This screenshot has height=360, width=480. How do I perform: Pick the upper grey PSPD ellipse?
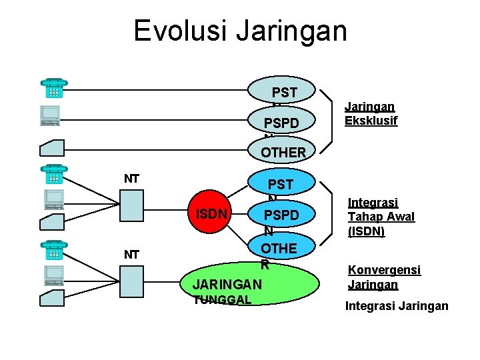click(x=281, y=121)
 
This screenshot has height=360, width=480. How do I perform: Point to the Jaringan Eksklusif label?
click(x=371, y=113)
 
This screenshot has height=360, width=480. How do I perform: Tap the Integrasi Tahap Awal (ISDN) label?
click(x=381, y=217)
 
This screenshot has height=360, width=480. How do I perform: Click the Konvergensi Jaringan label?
click(x=384, y=277)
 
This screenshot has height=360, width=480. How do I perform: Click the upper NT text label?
click(x=131, y=178)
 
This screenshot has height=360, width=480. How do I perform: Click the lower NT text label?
click(x=131, y=255)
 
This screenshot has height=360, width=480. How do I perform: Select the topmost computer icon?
click(x=51, y=116)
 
